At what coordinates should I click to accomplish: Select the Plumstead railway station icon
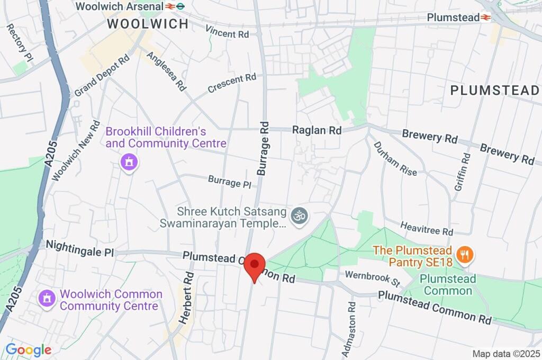pyautogui.click(x=485, y=17)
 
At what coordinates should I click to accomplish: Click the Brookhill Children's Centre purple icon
pyautogui.click(x=129, y=163)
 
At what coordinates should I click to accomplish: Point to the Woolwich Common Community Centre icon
pyautogui.click(x=47, y=299)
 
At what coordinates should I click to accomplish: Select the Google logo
pyautogui.click(x=29, y=349)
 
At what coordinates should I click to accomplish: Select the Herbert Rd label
pyautogui.click(x=189, y=291)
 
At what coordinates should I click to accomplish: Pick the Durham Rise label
pyautogui.click(x=395, y=158)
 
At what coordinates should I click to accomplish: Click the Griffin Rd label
pyautogui.click(x=462, y=172)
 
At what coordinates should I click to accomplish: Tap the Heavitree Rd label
pyautogui.click(x=427, y=229)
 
